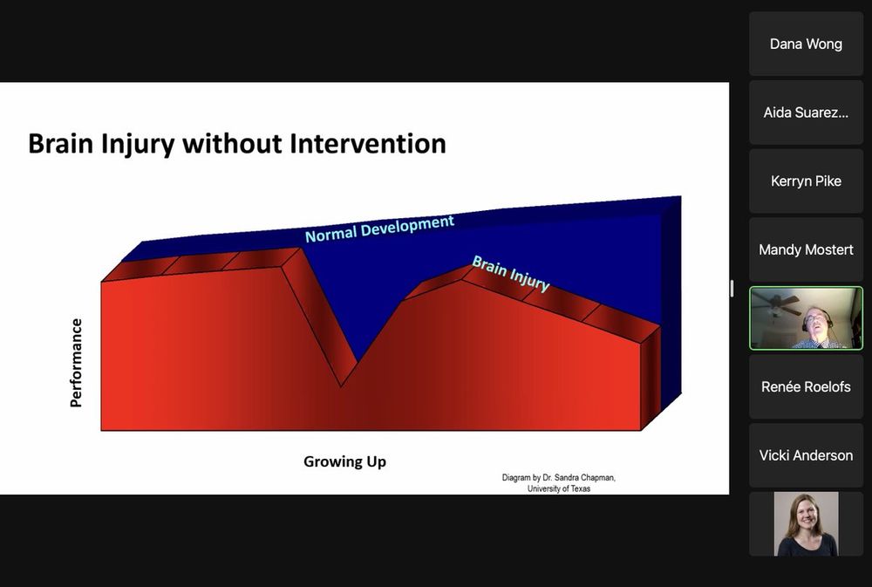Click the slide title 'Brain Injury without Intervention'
point(237,144)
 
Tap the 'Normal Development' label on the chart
point(380,229)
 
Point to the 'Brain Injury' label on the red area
point(510,273)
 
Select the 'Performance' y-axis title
point(76,363)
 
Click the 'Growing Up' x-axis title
point(344,461)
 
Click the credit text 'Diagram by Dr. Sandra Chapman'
point(558,477)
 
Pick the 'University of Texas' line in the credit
point(559,488)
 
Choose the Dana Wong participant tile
point(806,44)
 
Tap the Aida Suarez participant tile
point(806,113)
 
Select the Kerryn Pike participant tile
point(806,181)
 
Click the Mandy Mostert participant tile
point(806,249)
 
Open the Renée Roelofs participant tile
point(806,386)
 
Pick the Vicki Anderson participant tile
point(806,455)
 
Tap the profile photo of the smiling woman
point(806,523)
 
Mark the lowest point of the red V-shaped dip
point(341,386)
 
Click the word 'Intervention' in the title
point(368,144)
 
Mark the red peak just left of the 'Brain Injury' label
point(461,280)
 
